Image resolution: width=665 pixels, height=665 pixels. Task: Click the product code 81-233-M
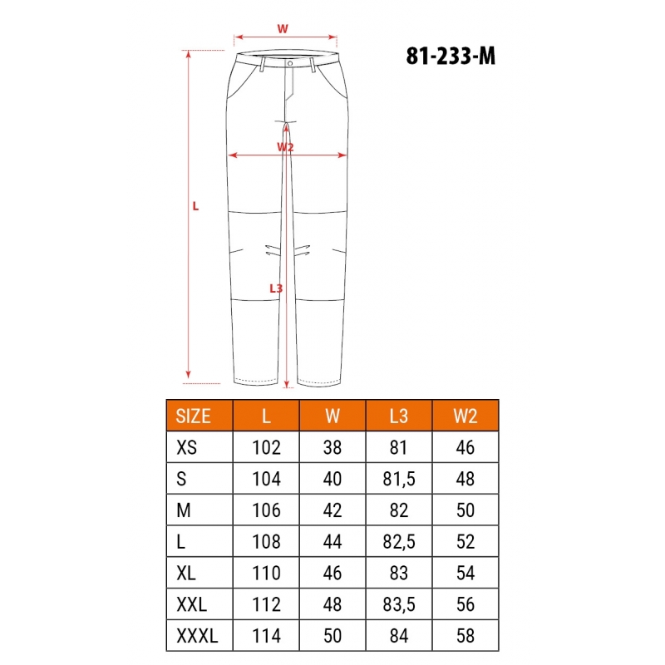[451, 56]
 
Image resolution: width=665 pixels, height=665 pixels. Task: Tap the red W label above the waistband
[283, 29]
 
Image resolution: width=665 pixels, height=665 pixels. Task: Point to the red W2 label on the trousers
[285, 147]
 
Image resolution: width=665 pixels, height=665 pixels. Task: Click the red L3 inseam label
[276, 288]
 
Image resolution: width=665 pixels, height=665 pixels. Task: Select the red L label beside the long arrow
[195, 206]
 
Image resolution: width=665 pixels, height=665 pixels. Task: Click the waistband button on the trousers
[290, 63]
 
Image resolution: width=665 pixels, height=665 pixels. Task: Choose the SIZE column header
[193, 416]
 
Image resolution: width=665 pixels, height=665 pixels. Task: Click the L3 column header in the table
[399, 416]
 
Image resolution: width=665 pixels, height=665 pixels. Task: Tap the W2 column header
[465, 416]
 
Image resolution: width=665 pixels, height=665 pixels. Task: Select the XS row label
[186, 447]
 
